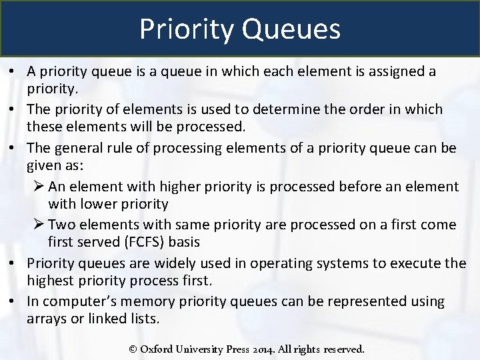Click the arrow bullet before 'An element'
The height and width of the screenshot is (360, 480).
coord(39,187)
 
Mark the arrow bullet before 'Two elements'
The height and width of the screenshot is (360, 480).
coord(39,225)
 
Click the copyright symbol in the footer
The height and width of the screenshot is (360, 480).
coord(133,349)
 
